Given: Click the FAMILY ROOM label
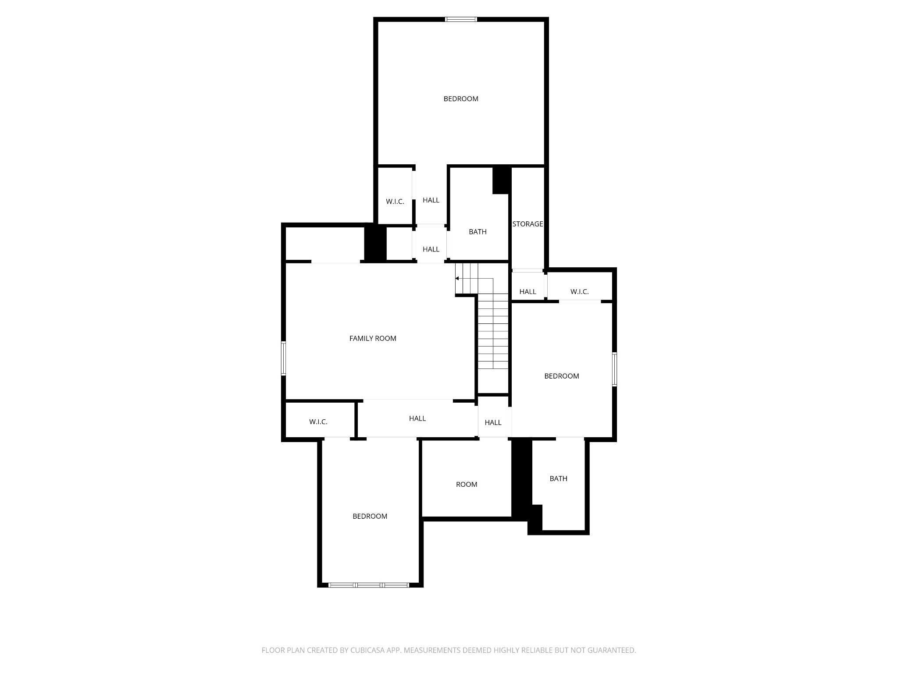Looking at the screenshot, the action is click(x=373, y=338).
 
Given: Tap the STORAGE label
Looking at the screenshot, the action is click(x=527, y=224).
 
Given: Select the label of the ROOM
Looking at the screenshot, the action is click(x=467, y=484).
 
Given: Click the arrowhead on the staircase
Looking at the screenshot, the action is click(x=457, y=278).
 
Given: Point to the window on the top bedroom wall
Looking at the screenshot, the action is click(x=461, y=19).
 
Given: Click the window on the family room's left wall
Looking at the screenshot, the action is click(x=284, y=358).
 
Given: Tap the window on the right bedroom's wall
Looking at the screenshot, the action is click(x=614, y=369).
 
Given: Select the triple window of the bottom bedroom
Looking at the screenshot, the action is click(x=369, y=585).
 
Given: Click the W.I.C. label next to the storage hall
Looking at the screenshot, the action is click(x=579, y=292).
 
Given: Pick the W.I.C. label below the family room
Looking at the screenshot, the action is click(x=318, y=422).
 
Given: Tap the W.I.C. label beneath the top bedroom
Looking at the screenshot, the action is click(x=395, y=202).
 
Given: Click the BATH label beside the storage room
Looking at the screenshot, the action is click(x=478, y=232).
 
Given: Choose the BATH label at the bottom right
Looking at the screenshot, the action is click(x=558, y=478).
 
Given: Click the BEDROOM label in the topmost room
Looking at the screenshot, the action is click(x=461, y=99).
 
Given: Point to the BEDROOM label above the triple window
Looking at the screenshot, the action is click(x=370, y=516).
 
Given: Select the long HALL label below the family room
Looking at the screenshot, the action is click(x=417, y=418).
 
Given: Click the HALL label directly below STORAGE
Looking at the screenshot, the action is click(x=527, y=292).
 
